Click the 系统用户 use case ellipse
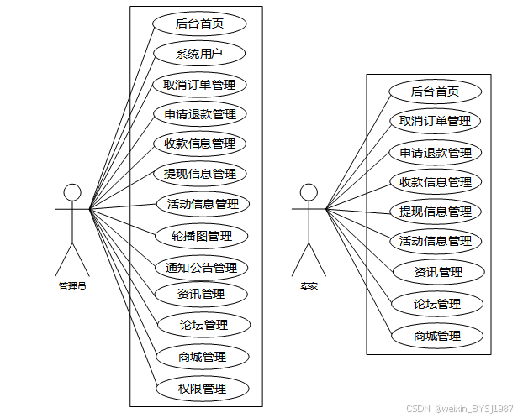tap(199, 55)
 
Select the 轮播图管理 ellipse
tap(202, 235)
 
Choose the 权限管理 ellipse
tap(203, 389)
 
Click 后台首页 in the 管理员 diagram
tap(199, 24)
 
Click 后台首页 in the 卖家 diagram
tap(435, 91)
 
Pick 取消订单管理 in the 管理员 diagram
tap(199, 85)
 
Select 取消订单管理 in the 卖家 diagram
tap(435, 121)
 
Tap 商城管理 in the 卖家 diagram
tap(437, 336)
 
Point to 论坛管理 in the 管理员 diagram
tap(203, 325)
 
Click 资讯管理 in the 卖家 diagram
tap(438, 272)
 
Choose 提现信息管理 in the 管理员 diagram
tap(199, 174)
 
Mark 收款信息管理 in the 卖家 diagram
tap(435, 182)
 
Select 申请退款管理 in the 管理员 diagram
tap(199, 114)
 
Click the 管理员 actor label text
tap(73, 286)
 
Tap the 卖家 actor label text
tap(309, 286)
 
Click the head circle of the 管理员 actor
tap(73, 192)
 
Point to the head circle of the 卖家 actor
tap(309, 192)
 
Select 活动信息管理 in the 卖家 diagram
tap(435, 241)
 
